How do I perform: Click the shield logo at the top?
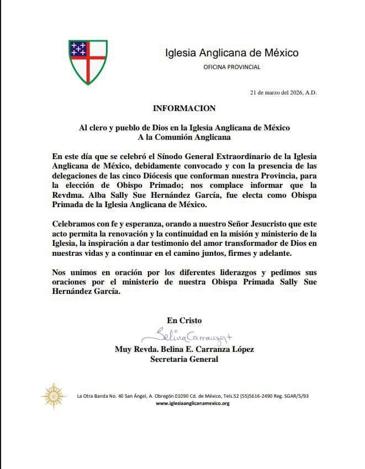(88, 61)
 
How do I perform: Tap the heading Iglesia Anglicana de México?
(232, 53)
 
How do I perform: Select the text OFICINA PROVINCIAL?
(232, 67)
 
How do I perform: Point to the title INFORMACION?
(184, 108)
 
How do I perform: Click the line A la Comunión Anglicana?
(184, 137)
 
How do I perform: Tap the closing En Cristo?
(184, 320)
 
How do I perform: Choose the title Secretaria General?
(184, 360)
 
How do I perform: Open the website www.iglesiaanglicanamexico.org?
(193, 403)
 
